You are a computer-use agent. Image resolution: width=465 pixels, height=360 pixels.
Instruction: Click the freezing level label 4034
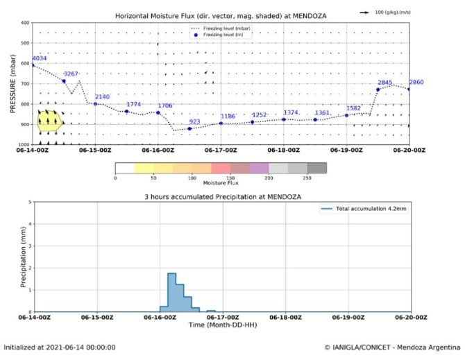pos(40,58)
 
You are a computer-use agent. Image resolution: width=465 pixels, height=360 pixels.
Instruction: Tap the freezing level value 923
pos(194,121)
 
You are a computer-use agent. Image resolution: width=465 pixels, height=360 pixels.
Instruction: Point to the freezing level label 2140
pos(102,96)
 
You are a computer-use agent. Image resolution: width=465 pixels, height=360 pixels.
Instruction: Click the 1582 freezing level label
pos(353,108)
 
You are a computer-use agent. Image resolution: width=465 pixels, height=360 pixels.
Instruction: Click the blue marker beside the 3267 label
pos(64,81)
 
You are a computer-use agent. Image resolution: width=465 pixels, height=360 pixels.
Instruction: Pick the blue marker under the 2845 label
pos(378,89)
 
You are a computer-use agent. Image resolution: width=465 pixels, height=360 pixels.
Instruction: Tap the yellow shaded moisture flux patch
pos(50,121)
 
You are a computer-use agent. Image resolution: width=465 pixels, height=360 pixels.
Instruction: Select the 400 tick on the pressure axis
pos(25,23)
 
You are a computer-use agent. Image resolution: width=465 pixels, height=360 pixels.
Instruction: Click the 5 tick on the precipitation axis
pos(28,203)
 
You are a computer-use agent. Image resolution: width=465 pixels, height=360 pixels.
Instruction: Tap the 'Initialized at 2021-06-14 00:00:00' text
pos(60,347)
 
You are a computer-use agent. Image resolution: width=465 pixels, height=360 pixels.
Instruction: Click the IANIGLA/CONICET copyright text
pos(391,347)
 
